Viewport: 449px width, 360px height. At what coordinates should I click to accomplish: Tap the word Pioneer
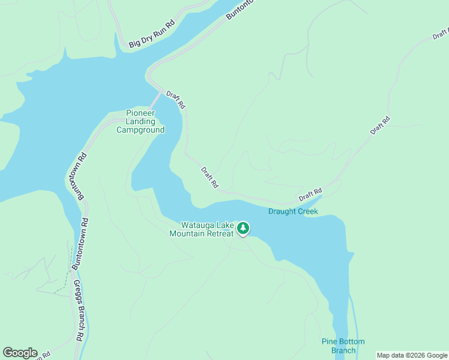tap(140, 113)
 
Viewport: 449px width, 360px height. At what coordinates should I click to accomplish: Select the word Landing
tap(140, 122)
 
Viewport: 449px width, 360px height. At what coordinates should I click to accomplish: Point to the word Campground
tap(140, 130)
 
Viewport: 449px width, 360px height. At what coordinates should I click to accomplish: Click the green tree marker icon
tap(243, 227)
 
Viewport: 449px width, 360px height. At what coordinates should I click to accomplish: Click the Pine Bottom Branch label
tap(343, 346)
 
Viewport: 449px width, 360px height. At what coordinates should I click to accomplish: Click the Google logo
tap(20, 353)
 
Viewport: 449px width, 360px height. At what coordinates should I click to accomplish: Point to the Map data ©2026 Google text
tap(412, 355)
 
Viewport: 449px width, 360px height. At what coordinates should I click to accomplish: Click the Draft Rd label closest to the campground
tap(176, 100)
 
